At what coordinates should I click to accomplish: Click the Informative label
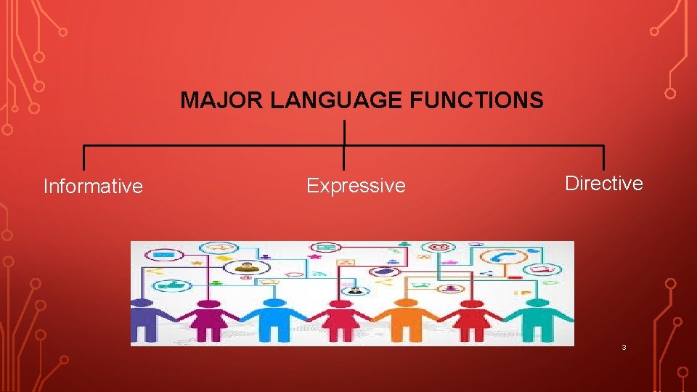click(x=93, y=187)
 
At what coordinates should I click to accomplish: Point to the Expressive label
click(x=356, y=186)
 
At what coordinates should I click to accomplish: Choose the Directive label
click(x=604, y=184)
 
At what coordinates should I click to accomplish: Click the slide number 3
click(x=624, y=348)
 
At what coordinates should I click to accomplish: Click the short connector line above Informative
click(x=83, y=158)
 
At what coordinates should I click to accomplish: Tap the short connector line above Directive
click(x=603, y=158)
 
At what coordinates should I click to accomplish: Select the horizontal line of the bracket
click(x=218, y=146)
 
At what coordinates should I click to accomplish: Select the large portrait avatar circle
click(x=246, y=266)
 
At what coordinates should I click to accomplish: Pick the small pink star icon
click(x=314, y=256)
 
